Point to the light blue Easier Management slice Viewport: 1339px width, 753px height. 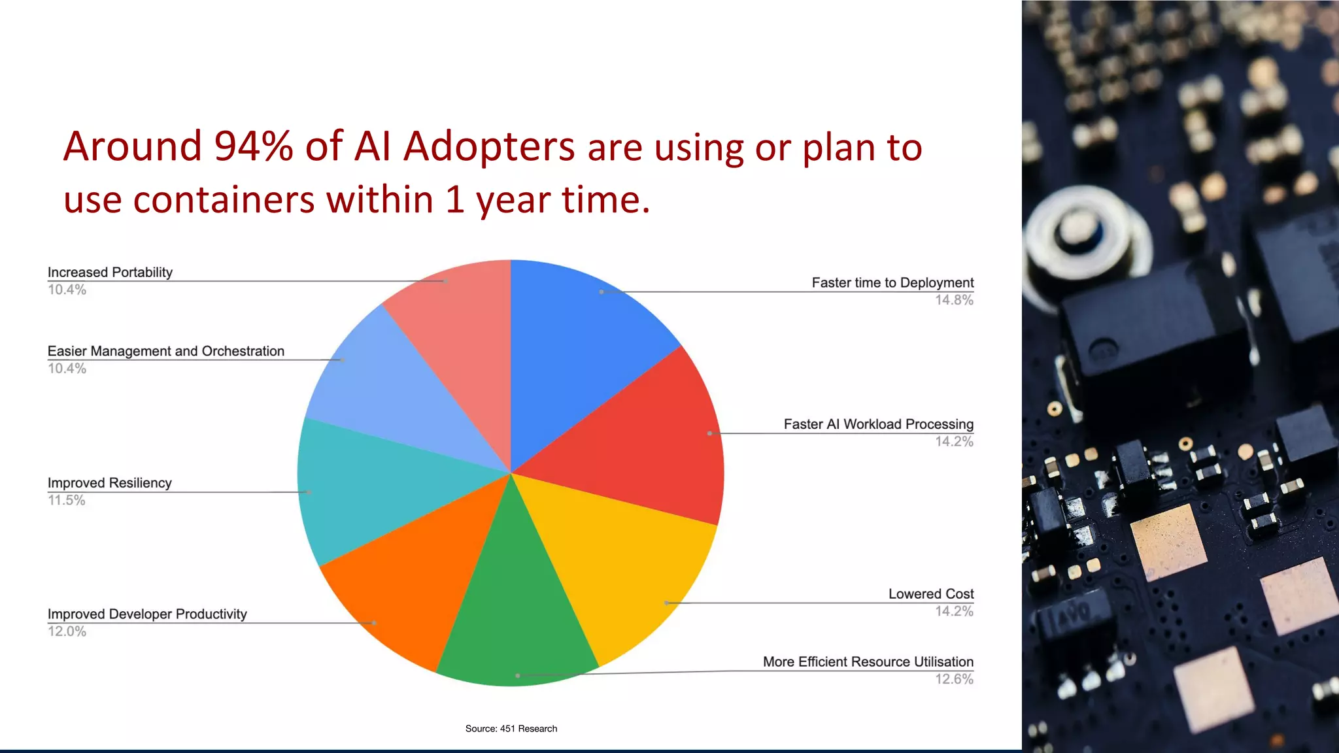[386, 386]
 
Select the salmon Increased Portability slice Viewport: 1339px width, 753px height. [458, 327]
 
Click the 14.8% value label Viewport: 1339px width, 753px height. [953, 300]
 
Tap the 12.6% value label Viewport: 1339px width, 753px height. [953, 679]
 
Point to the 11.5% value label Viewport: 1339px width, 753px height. [67, 500]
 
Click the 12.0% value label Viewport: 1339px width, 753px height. [67, 631]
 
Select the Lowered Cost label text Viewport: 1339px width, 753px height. [930, 594]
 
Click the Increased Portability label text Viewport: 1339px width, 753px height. [110, 272]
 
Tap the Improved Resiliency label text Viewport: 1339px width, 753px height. [109, 482]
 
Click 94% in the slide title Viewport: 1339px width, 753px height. [254, 146]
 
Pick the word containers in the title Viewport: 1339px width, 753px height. [224, 200]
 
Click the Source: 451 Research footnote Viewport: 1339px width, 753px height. [511, 728]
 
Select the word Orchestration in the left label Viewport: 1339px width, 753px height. [243, 351]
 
